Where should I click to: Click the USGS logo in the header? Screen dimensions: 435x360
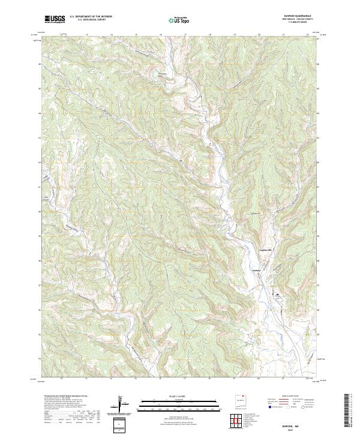tap(55, 20)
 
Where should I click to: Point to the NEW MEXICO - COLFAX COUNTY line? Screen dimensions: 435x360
tap(293, 20)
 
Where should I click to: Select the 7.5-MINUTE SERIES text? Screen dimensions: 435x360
tap(293, 23)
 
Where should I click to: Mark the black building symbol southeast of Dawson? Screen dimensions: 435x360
tap(277, 294)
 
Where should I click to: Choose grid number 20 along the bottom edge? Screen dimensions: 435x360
tap(258, 379)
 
